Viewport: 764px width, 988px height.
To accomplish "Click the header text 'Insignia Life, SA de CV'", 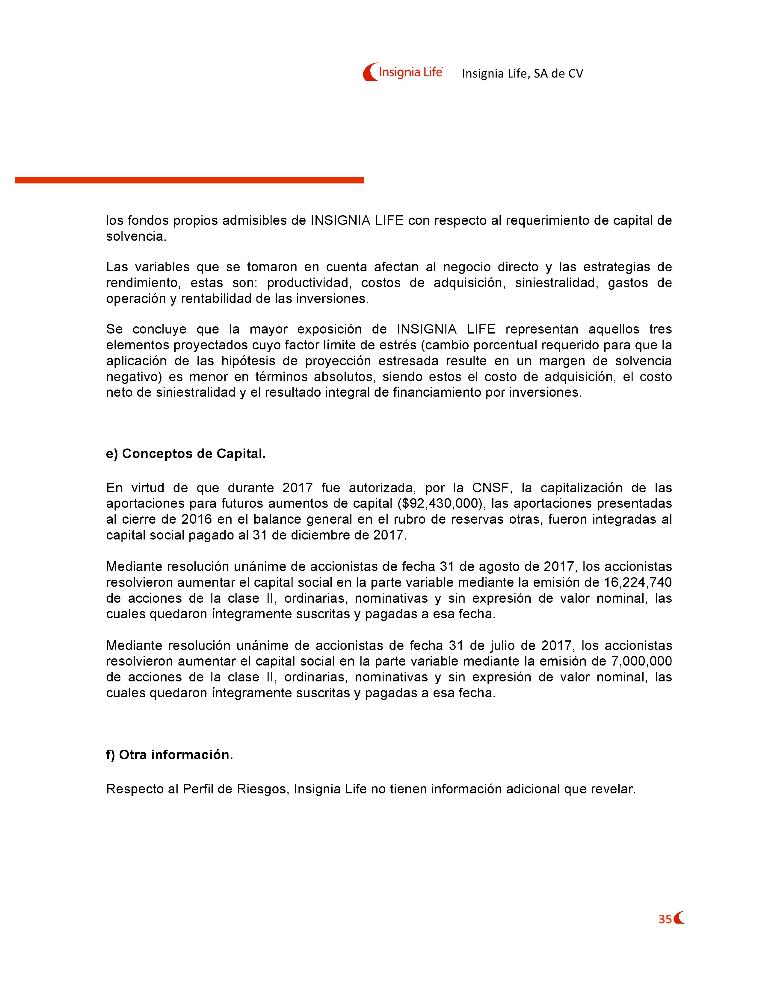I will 522,74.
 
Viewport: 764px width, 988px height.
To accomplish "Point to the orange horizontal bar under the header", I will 189,180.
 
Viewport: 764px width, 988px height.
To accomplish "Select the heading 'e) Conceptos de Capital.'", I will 185,454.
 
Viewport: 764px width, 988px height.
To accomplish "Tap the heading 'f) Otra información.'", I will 169,755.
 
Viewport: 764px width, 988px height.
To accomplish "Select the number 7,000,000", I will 641,661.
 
